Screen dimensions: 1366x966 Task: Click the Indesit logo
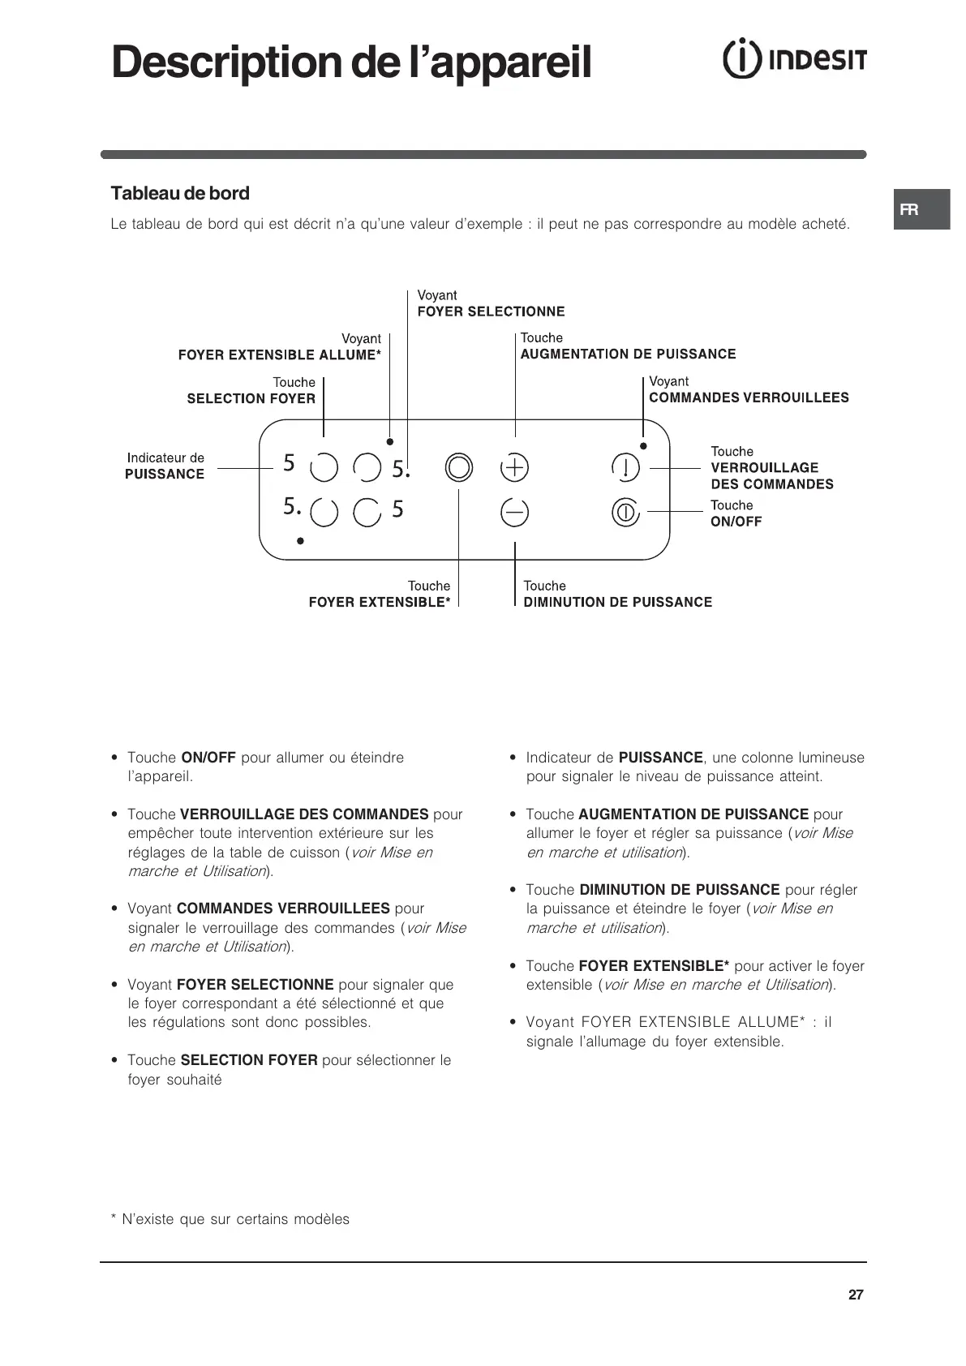coord(794,60)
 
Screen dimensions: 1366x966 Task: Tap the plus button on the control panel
coord(514,467)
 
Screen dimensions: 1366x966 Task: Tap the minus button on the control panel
coord(514,512)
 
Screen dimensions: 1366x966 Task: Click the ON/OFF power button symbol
coord(625,512)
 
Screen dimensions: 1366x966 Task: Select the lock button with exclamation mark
coord(625,467)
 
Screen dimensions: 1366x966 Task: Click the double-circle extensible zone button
coord(458,467)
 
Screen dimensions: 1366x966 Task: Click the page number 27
coord(856,1295)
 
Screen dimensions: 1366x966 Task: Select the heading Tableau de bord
coord(180,193)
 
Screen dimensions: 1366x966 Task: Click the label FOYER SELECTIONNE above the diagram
coord(491,311)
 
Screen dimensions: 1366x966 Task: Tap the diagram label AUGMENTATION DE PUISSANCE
coord(628,354)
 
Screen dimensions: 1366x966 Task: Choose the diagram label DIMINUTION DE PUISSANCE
coord(617,602)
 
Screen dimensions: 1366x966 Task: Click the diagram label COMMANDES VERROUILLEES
coord(749,397)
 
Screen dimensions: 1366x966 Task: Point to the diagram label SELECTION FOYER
coord(251,398)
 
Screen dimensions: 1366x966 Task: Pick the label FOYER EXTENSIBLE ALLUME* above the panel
coord(279,354)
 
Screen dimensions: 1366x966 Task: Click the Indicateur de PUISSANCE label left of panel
coord(165,466)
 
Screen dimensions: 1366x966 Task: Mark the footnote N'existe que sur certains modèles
coord(230,1219)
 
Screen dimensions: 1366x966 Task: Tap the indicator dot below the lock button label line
coord(643,445)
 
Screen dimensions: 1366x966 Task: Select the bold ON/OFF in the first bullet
coord(208,758)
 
